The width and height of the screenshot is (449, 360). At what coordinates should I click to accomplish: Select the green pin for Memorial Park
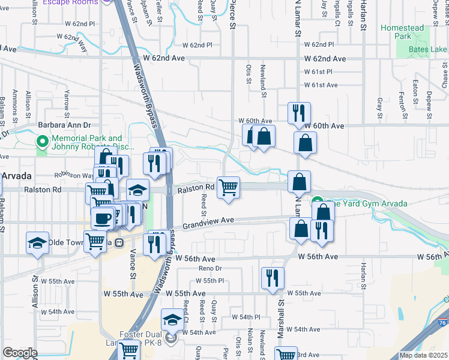point(42,142)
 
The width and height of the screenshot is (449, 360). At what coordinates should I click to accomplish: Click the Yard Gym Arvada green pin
point(317,203)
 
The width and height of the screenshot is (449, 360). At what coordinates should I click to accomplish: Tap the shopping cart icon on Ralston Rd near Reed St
point(228,188)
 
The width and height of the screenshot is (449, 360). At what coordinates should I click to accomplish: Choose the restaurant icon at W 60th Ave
point(298,113)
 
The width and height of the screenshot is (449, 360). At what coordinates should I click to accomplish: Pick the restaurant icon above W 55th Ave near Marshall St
point(273,278)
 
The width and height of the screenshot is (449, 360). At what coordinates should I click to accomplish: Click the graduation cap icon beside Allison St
point(38,243)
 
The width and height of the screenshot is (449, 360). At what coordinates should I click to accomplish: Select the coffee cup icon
point(101,217)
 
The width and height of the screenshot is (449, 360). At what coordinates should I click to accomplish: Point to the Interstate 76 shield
point(442,323)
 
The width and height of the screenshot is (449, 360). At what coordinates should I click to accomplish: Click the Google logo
point(20,353)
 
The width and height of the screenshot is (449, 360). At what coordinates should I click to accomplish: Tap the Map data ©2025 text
point(423,355)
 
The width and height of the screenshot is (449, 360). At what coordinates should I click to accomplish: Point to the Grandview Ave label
point(208,223)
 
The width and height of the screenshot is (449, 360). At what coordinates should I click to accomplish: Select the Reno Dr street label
point(210,268)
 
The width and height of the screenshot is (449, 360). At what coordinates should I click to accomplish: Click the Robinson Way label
point(73,175)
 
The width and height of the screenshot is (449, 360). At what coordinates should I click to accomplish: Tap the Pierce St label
point(232,14)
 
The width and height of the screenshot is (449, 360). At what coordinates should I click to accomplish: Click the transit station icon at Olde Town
point(119,242)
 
